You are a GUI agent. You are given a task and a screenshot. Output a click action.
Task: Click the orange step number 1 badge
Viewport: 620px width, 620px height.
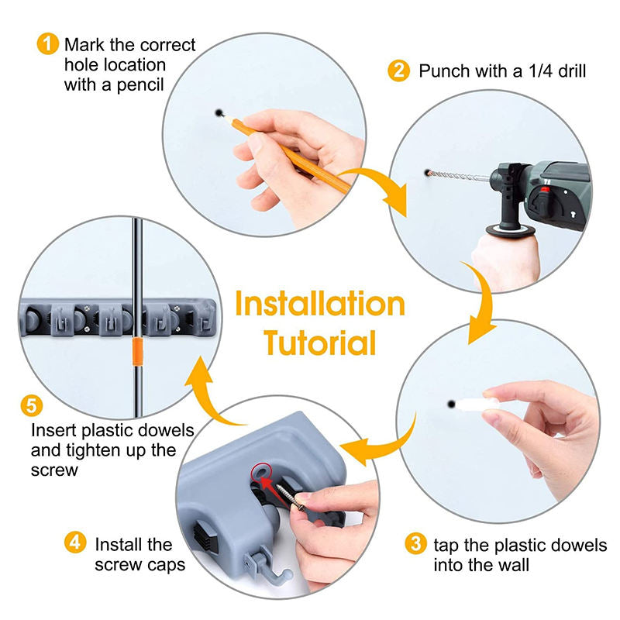(x=48, y=43)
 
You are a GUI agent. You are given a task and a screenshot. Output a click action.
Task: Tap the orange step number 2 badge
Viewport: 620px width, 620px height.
(x=398, y=71)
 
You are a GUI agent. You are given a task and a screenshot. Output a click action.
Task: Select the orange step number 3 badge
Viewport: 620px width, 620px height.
(x=415, y=543)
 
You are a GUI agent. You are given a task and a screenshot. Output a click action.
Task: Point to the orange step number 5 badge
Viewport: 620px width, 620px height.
(x=32, y=405)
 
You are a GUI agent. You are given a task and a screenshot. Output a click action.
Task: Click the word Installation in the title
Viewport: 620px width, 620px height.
(x=320, y=304)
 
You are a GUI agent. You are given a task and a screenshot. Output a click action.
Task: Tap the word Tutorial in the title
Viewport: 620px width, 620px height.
(x=320, y=343)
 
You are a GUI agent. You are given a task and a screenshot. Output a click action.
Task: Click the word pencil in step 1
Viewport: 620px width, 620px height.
(x=140, y=85)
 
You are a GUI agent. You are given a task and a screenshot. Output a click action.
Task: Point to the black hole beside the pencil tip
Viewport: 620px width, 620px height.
(x=219, y=113)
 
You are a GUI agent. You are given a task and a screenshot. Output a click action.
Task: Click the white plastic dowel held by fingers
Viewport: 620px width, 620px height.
(x=477, y=405)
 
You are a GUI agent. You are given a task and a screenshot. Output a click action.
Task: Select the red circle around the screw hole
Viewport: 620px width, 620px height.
(x=261, y=473)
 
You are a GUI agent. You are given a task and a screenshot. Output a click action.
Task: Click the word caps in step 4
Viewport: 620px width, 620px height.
(x=165, y=566)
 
